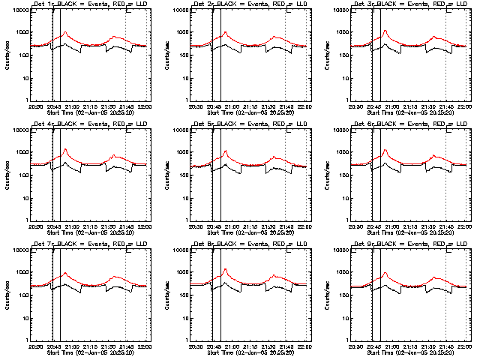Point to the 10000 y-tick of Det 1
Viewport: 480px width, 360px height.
19,10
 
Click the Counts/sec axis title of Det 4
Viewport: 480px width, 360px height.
8,176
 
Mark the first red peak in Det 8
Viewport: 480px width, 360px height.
225,270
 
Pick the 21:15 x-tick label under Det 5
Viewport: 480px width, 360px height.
250,226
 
